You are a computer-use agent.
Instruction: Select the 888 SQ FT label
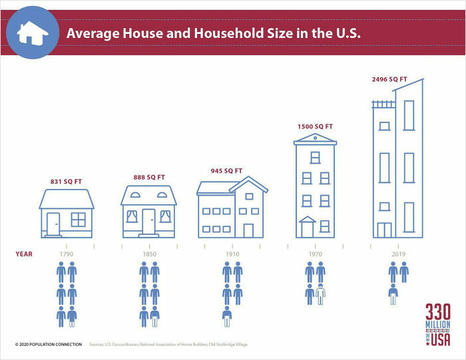148,178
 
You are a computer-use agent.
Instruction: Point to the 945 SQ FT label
226,171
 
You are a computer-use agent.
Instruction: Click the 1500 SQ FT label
315,126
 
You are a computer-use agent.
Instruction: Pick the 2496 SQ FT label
389,79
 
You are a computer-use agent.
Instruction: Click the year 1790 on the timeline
66,254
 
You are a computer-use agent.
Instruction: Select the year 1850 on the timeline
148,254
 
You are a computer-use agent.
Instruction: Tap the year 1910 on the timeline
232,254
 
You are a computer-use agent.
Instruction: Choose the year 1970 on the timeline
315,254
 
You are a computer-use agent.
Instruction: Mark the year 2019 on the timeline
398,254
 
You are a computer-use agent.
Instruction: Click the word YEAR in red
24,254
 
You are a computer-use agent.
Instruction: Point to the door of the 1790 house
53,223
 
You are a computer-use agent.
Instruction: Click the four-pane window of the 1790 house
79,220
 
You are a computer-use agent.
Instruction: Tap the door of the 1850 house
148,222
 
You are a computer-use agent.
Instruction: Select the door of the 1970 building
307,230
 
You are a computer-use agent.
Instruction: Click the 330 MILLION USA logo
438,325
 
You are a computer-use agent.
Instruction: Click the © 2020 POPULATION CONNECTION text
49,344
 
